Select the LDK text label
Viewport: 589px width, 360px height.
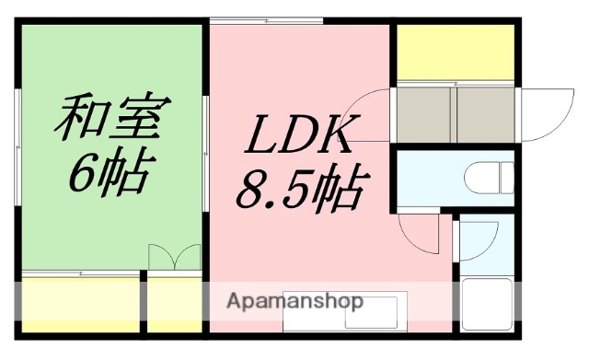point(297,137)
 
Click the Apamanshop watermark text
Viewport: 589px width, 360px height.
point(294,301)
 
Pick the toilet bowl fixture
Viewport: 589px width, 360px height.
point(488,176)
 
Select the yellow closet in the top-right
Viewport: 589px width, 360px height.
point(454,53)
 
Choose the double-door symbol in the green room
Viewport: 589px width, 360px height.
point(174,256)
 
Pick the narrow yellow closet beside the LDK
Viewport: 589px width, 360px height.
point(175,303)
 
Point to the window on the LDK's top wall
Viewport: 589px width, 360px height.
point(267,20)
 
